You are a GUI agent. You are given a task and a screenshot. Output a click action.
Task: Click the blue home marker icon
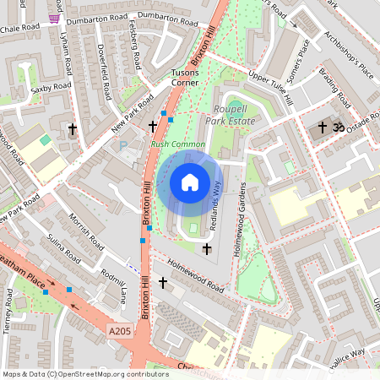190,182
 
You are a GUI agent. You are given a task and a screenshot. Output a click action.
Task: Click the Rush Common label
177,145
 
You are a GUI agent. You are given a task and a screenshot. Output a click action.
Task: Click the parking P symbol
124,146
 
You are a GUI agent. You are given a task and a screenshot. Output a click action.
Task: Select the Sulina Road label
64,248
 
